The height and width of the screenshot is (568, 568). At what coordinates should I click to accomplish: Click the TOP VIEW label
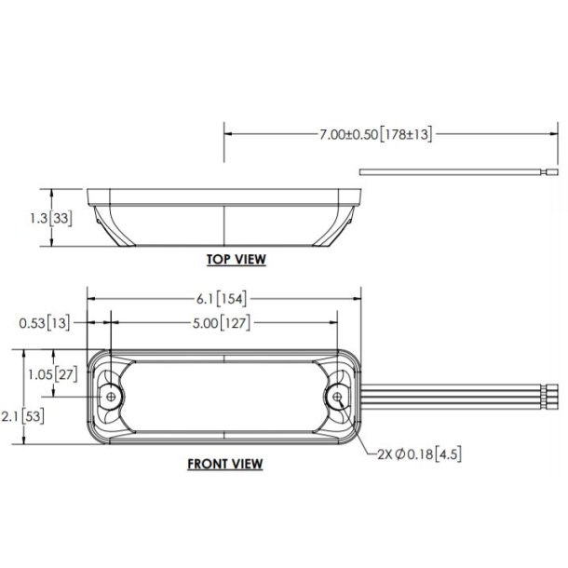236,260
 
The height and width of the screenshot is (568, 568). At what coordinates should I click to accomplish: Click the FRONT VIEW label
224,463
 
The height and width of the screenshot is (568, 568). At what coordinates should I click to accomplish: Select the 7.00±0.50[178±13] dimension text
374,134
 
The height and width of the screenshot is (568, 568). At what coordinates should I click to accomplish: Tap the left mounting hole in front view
112,397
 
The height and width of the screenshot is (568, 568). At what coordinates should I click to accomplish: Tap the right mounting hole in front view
336,397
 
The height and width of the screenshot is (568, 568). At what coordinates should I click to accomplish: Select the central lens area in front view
223,397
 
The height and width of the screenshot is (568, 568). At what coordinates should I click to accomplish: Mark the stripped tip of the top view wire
552,173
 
